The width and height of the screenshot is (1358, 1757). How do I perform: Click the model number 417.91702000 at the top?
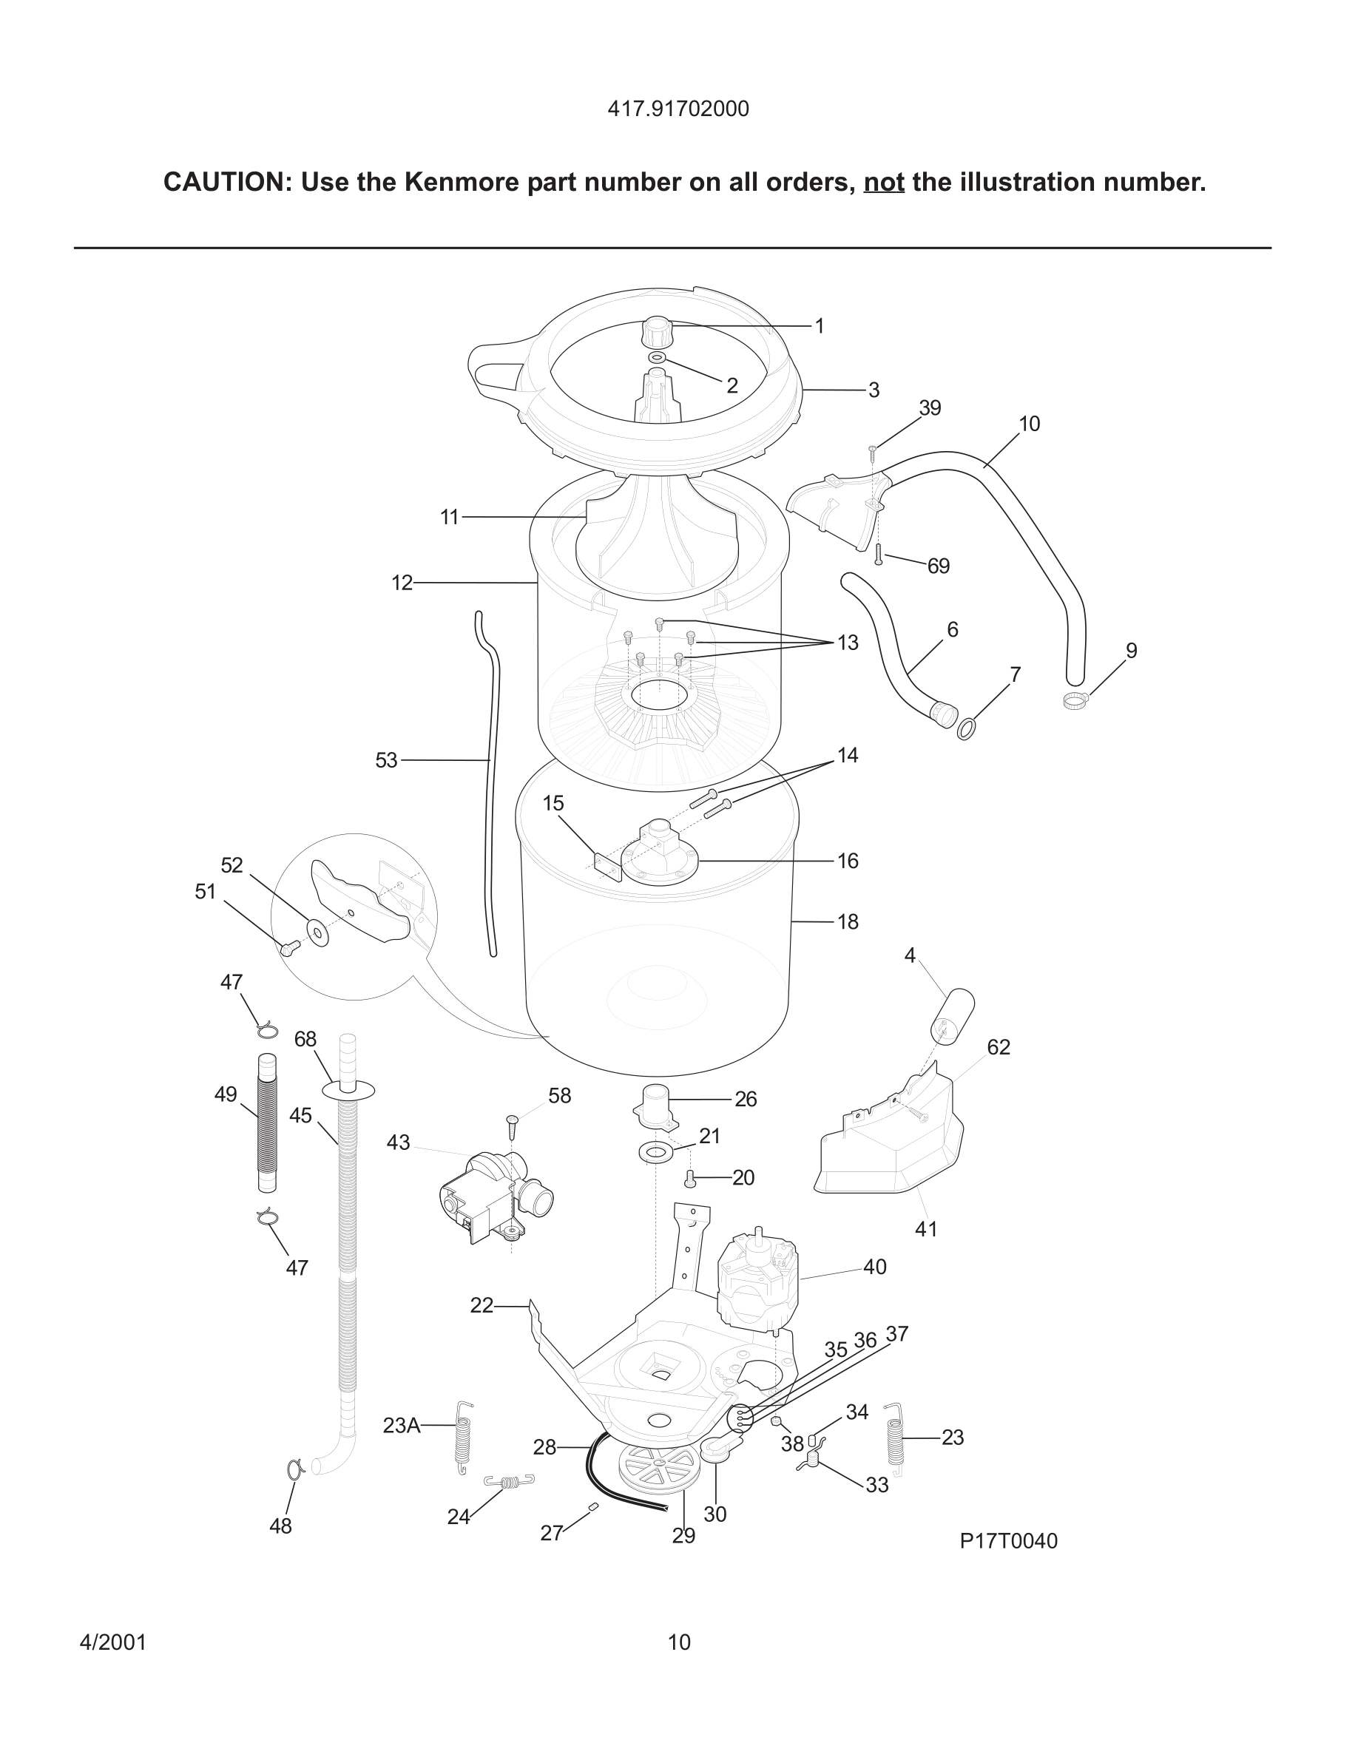point(678,109)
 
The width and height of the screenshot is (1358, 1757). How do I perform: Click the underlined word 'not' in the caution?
point(883,183)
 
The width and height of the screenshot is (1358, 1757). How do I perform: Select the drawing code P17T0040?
point(1008,1540)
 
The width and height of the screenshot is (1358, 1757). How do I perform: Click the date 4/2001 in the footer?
point(112,1642)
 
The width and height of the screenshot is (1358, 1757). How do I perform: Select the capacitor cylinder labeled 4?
point(952,1015)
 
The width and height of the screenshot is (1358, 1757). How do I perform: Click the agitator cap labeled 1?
point(658,330)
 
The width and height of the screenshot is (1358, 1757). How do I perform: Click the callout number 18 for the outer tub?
point(848,922)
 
